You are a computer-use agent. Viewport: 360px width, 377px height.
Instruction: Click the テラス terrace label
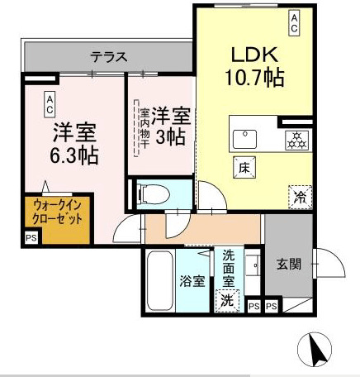109,57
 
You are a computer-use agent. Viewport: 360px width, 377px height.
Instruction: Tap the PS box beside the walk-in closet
31,239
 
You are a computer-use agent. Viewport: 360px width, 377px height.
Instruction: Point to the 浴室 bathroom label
192,282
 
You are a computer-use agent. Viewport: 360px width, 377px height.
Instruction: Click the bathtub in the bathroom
160,280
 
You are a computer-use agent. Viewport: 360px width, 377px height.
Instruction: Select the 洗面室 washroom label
229,269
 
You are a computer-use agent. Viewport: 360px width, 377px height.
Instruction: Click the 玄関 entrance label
288,265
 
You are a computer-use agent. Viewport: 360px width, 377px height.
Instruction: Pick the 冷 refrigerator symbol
298,196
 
